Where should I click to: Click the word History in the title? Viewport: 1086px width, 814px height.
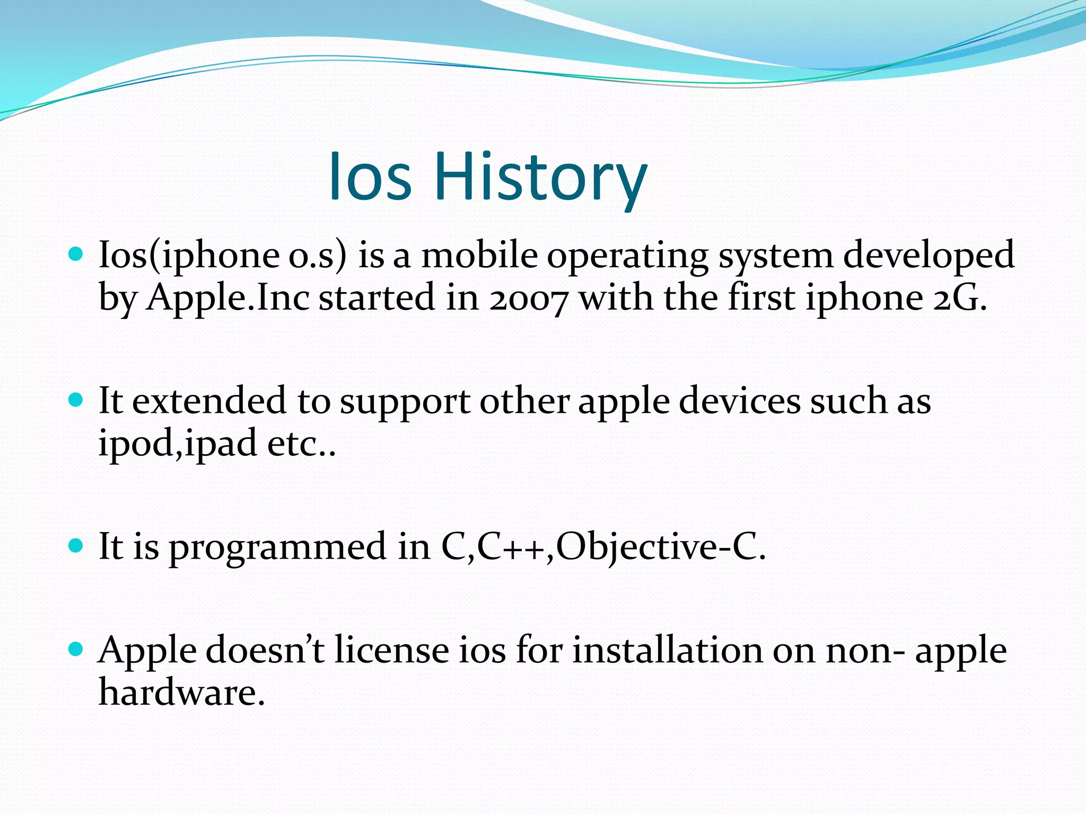(x=541, y=176)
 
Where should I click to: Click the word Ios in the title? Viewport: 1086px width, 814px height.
(x=370, y=176)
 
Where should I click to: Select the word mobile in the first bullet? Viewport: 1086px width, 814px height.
(x=479, y=255)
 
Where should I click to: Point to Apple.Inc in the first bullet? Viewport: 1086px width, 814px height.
(x=228, y=298)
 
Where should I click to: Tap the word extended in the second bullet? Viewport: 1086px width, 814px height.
(x=208, y=401)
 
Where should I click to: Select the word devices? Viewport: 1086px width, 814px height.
(x=739, y=401)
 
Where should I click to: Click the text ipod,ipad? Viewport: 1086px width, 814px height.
(x=178, y=444)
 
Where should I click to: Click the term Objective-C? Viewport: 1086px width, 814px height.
(x=661, y=547)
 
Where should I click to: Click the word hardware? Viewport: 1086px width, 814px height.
(x=181, y=692)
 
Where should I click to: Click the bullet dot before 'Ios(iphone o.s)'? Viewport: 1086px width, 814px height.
(x=76, y=254)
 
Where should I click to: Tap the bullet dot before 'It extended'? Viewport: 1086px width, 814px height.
(x=76, y=400)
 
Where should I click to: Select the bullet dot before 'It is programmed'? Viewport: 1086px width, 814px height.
(x=76, y=545)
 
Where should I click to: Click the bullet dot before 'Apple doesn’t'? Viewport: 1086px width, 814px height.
(x=76, y=649)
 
